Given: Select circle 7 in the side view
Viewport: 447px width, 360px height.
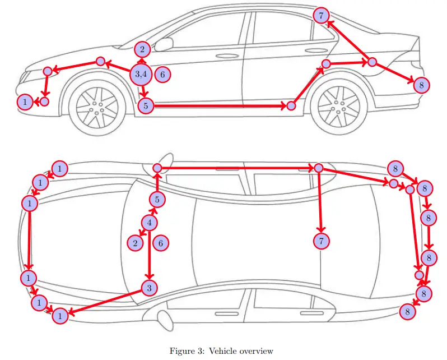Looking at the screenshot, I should [320, 15].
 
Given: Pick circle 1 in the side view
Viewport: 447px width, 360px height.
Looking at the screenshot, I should [25, 101].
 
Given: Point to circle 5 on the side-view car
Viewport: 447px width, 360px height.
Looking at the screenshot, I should [146, 105].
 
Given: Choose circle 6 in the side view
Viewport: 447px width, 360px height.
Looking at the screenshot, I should [162, 73].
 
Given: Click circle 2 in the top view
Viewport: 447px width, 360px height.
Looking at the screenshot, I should [135, 243].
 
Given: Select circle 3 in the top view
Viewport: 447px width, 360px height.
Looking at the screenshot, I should [149, 288].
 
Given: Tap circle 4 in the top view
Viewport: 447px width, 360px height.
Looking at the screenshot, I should [149, 223].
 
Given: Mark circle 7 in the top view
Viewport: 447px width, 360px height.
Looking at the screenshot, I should [321, 241].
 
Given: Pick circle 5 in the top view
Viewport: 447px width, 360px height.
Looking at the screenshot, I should [157, 199].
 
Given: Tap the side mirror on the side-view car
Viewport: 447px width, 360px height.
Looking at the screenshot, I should [164, 44].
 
